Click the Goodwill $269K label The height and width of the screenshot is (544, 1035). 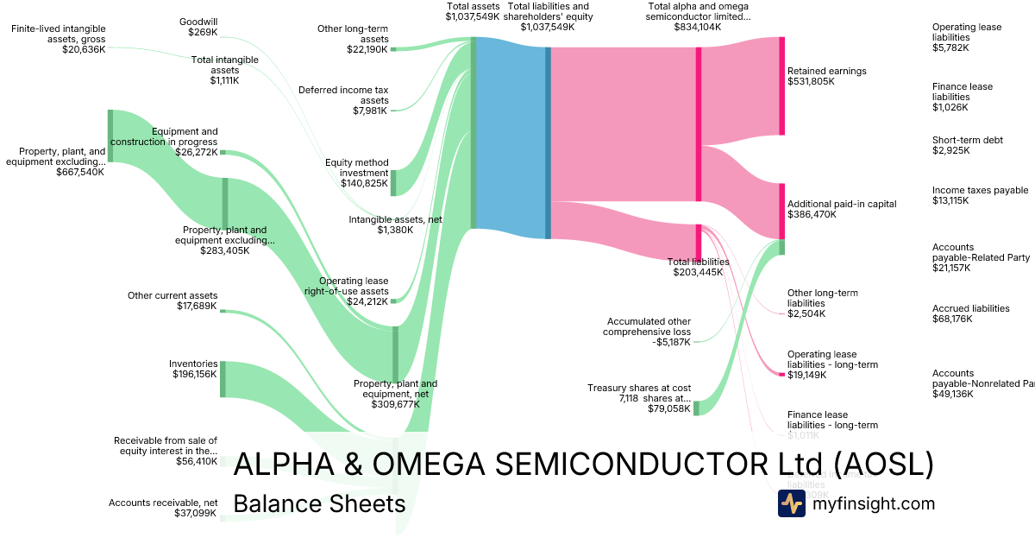pyautogui.click(x=198, y=27)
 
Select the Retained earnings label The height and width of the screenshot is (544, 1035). pyautogui.click(x=826, y=76)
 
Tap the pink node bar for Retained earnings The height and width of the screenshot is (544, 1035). pyautogui.click(x=782, y=86)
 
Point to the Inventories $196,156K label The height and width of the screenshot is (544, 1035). pyautogui.click(x=192, y=369)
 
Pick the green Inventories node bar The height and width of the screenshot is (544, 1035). pyautogui.click(x=223, y=379)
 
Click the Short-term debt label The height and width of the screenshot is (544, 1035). pyautogui.click(x=967, y=145)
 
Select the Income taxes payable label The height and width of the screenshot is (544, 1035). pyautogui.click(x=980, y=195)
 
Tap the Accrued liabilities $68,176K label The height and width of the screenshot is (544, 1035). pyautogui.click(x=970, y=313)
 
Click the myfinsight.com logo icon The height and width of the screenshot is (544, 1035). pyautogui.click(x=791, y=503)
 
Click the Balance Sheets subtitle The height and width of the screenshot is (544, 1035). pyautogui.click(x=319, y=503)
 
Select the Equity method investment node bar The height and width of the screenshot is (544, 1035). pyautogui.click(x=394, y=183)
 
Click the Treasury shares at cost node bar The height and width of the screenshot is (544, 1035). pyautogui.click(x=696, y=408)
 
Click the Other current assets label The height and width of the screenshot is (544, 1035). pyautogui.click(x=172, y=300)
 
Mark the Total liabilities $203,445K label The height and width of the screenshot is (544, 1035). pyautogui.click(x=699, y=267)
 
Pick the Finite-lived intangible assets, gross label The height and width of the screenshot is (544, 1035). pyautogui.click(x=59, y=39)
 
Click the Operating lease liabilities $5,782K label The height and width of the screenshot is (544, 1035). pyautogui.click(x=966, y=37)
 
